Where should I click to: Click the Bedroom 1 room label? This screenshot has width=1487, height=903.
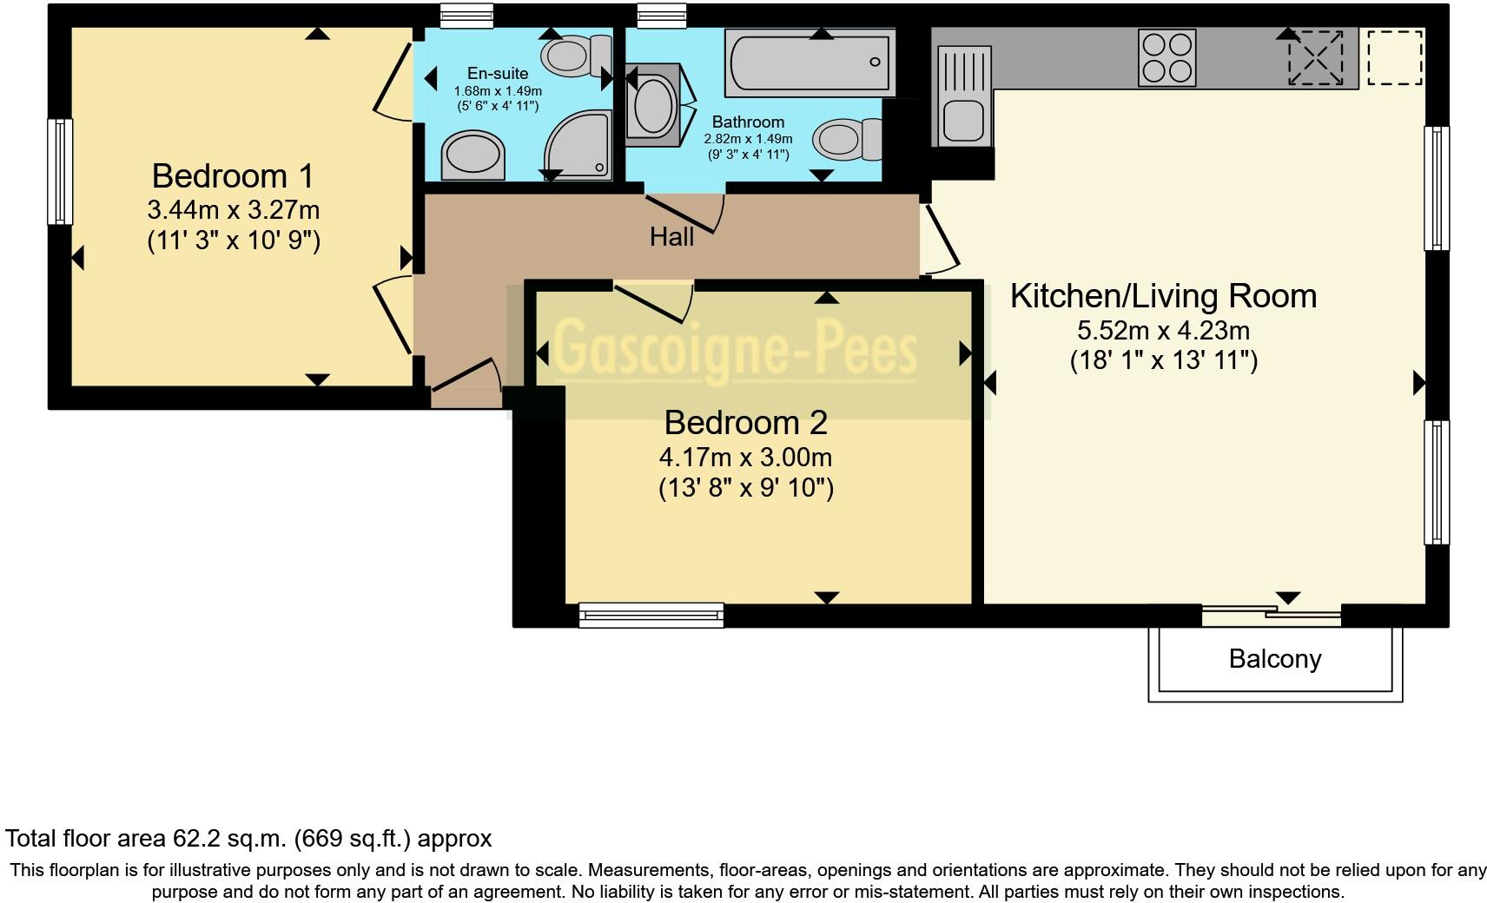[232, 176]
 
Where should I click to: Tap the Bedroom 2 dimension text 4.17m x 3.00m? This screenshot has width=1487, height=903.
[745, 457]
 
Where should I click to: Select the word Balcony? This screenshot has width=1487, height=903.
[1274, 659]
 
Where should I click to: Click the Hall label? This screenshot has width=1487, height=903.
[671, 236]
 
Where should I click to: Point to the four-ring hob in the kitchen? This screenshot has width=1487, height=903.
[1166, 58]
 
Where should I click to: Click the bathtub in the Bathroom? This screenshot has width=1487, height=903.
[810, 63]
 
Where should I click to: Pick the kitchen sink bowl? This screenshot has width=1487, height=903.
[962, 120]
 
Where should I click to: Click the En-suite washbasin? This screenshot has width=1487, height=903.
[473, 157]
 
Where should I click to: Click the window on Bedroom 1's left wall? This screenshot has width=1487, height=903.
[59, 171]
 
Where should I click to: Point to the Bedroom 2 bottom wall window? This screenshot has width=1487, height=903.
[651, 616]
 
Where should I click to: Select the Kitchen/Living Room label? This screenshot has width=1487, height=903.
[1162, 296]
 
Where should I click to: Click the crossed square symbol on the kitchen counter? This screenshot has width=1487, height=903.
[1314, 58]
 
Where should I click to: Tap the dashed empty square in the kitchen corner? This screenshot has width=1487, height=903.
[1395, 58]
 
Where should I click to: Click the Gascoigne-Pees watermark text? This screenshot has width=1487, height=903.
[735, 352]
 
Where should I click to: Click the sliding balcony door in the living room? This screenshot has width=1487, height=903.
[1271, 616]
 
